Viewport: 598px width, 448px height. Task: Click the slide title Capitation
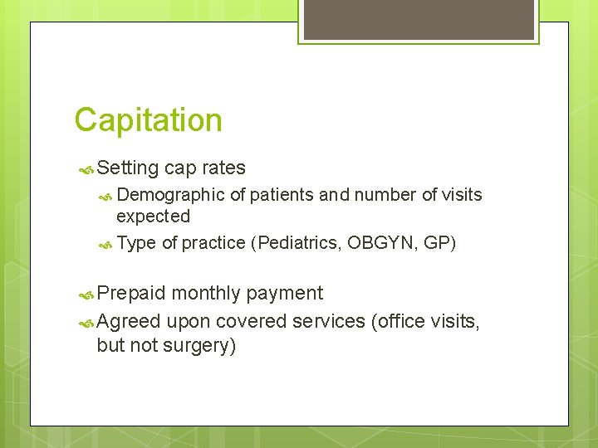tap(148, 120)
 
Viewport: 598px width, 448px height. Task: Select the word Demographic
tap(170, 195)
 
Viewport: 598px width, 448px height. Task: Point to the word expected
tap(153, 217)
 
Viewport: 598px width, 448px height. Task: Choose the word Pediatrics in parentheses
tap(300, 243)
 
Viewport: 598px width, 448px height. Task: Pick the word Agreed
tap(128, 321)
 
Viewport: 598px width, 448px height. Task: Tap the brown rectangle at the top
tap(417, 19)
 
